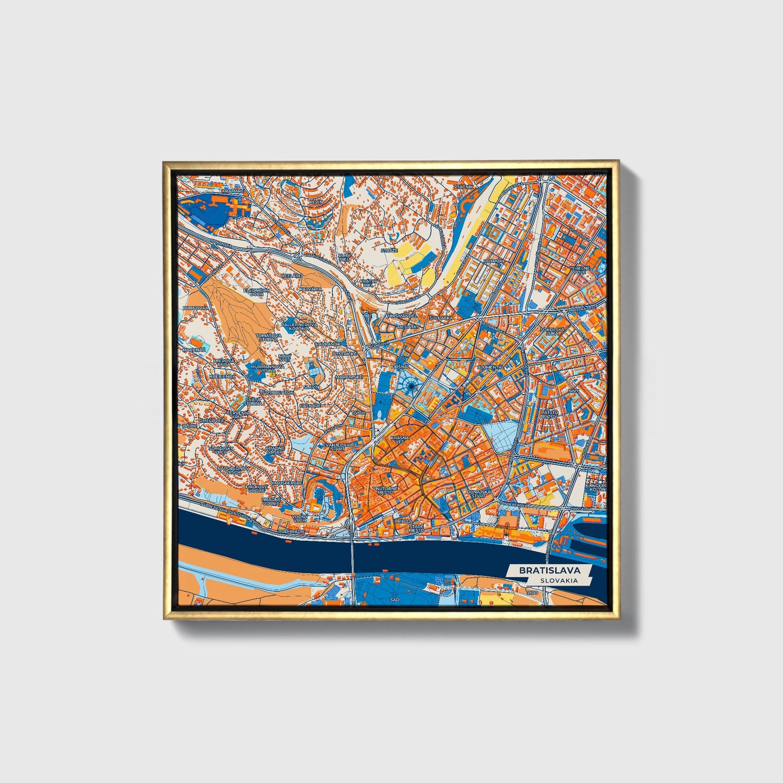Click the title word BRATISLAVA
coord(549,570)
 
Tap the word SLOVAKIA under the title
coord(558,580)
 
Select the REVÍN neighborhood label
coord(315,202)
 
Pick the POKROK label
coord(494,261)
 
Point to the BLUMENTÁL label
coord(490,367)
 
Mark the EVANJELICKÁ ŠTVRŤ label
coord(338,446)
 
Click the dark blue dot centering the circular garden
coord(411,386)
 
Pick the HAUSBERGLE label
coord(287,482)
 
